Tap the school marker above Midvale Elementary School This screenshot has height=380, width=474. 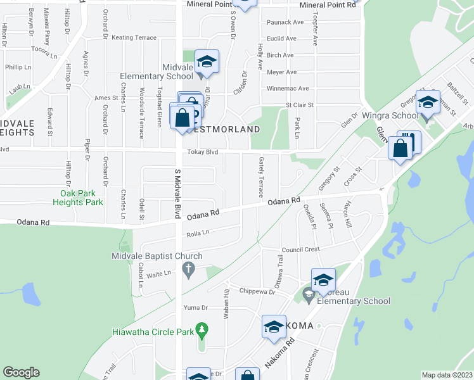pos(207,62)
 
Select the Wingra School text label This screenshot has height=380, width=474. pos(390,116)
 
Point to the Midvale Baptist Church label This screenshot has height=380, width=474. pos(157,256)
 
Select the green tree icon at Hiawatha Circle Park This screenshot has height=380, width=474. pos(202,329)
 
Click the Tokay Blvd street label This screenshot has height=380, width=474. pos(203,152)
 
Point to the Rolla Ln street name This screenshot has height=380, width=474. pos(198,233)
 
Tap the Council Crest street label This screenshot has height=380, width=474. pos(301,250)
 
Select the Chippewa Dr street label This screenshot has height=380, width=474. pos(257,291)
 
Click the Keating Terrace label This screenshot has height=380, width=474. pos(134,38)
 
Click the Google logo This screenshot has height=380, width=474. pos(21,372)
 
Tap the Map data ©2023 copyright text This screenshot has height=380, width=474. pos(447,375)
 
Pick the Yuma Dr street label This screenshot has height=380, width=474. pos(195,307)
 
